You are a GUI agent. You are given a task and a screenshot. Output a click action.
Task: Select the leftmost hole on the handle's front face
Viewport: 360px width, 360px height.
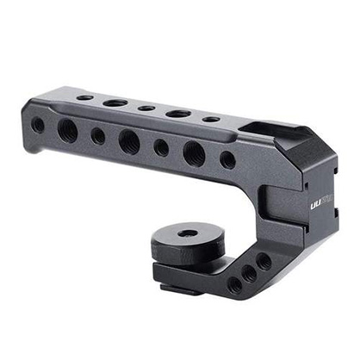click(x=38, y=124)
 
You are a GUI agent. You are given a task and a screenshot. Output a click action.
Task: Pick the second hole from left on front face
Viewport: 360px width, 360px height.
click(x=67, y=130)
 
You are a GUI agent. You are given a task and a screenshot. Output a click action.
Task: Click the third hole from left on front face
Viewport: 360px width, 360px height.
click(x=98, y=136)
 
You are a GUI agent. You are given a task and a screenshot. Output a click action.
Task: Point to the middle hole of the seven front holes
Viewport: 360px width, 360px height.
click(x=129, y=141)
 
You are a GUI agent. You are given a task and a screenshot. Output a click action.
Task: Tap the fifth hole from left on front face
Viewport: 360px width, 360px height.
click(x=162, y=147)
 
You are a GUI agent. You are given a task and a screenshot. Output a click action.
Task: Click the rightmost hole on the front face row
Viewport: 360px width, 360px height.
click(x=227, y=159)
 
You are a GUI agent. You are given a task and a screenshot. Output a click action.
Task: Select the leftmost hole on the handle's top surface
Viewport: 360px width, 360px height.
click(x=84, y=97)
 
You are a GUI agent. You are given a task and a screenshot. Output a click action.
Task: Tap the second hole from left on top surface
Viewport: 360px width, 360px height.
click(x=115, y=102)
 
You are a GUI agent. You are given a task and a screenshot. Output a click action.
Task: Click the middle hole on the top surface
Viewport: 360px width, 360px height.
click(x=146, y=109)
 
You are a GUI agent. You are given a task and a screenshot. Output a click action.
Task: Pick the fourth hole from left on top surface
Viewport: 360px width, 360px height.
click(x=178, y=114)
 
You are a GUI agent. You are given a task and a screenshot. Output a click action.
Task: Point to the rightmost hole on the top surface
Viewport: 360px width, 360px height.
click(x=211, y=119)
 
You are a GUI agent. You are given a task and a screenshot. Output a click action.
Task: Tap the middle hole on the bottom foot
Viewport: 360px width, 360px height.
click(x=249, y=274)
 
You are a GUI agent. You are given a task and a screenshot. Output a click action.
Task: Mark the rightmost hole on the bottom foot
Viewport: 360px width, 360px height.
click(x=264, y=261)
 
